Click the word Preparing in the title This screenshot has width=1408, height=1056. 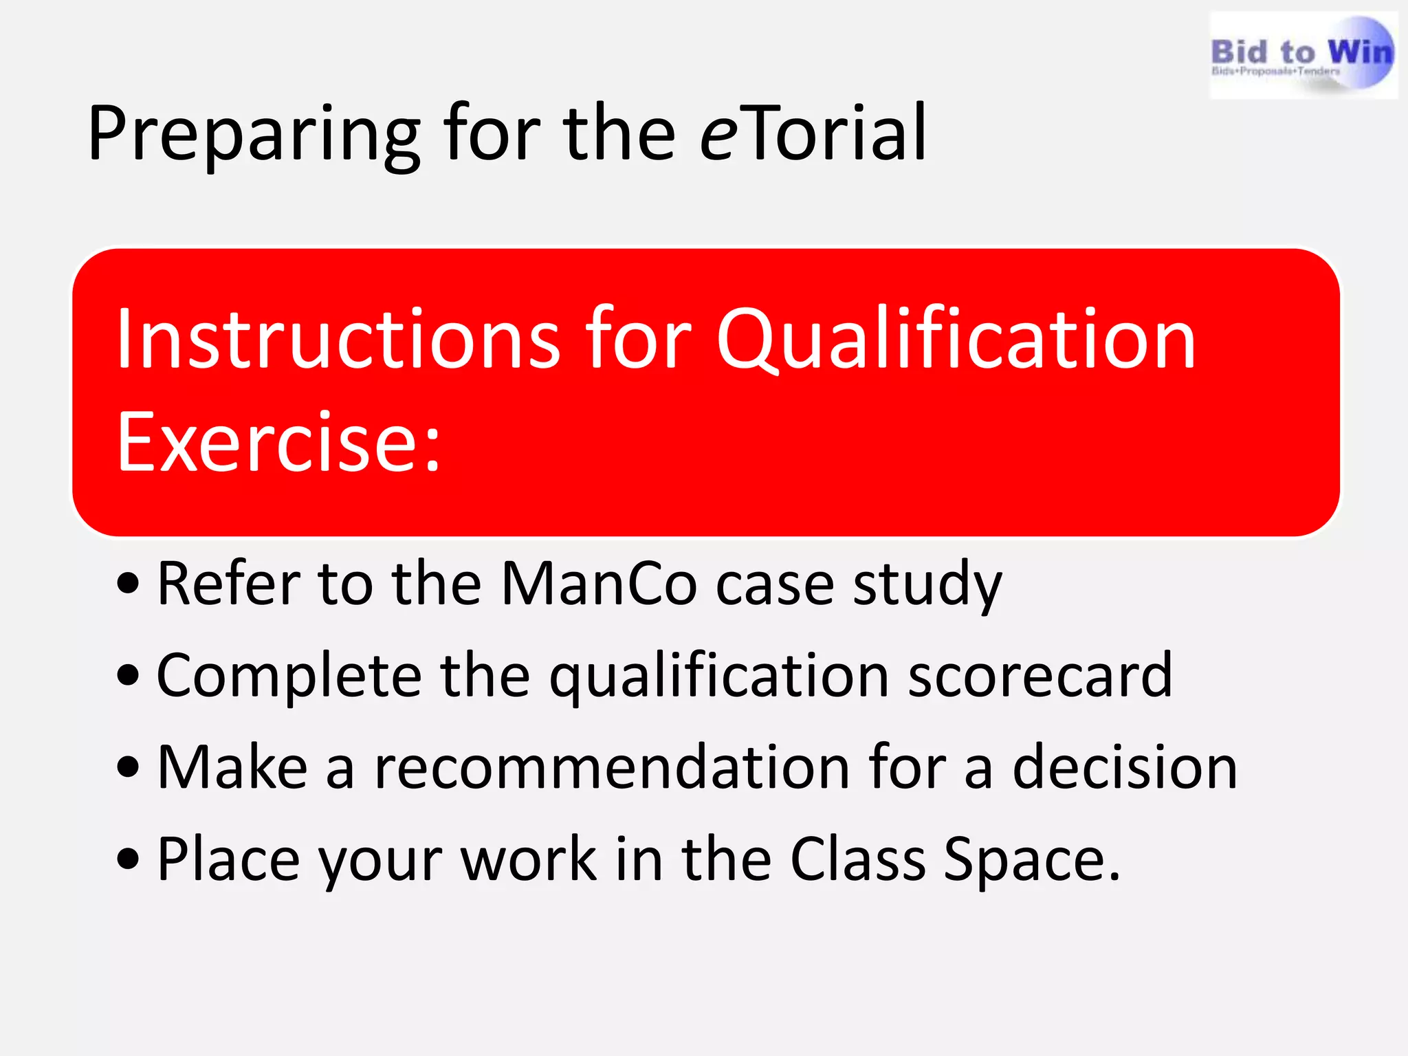pyautogui.click(x=254, y=134)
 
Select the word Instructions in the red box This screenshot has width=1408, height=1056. pyautogui.click(x=338, y=340)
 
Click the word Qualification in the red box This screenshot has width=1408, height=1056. pyautogui.click(x=956, y=340)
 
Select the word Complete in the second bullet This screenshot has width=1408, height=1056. pyautogui.click(x=289, y=677)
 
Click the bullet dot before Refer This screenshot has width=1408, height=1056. pyautogui.click(x=128, y=585)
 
